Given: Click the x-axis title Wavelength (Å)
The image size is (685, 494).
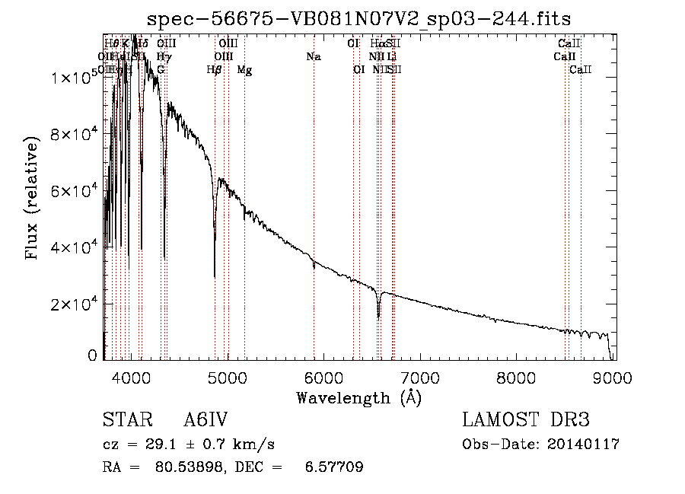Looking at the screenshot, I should point(358,397).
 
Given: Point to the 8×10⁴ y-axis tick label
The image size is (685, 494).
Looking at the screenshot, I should point(75,134).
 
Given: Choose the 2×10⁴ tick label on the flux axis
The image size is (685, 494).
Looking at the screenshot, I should point(75,304).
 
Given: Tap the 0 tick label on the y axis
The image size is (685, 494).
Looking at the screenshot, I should point(93,355).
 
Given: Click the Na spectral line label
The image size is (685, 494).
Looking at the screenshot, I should point(313,57).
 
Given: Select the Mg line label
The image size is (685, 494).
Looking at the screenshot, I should point(244,70).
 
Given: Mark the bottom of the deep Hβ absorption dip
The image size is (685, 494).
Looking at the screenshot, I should point(215,276).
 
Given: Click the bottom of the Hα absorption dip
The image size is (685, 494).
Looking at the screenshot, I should point(378,317).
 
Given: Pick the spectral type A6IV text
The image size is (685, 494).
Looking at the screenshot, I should point(205,421).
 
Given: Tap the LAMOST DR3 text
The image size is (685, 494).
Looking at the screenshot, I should point(526,421).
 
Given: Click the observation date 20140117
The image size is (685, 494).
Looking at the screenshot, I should point(583,445).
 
